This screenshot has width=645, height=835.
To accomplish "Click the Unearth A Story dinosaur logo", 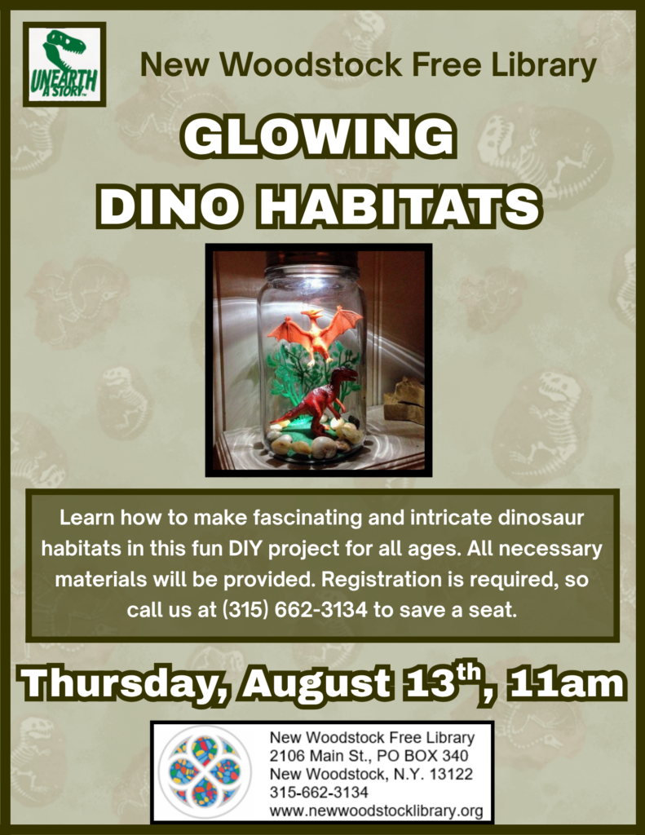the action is click(64, 64).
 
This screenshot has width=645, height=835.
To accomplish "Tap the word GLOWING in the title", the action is click(319, 137).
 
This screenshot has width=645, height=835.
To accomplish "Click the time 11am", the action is click(566, 683).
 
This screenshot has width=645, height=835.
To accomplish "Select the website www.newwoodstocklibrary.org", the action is click(376, 811).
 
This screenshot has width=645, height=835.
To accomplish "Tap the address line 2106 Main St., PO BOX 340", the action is click(369, 756).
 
